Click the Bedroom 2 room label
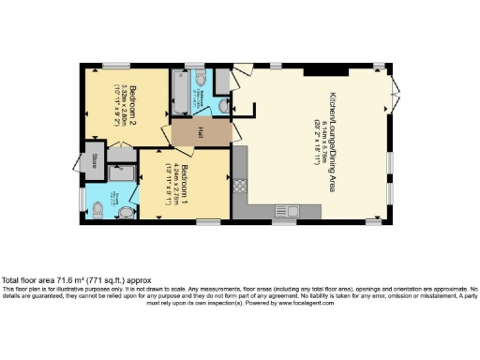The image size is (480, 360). coord(132,96)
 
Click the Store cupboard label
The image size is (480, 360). coord(95,160)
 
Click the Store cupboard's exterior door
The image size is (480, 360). coord(82,161)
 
